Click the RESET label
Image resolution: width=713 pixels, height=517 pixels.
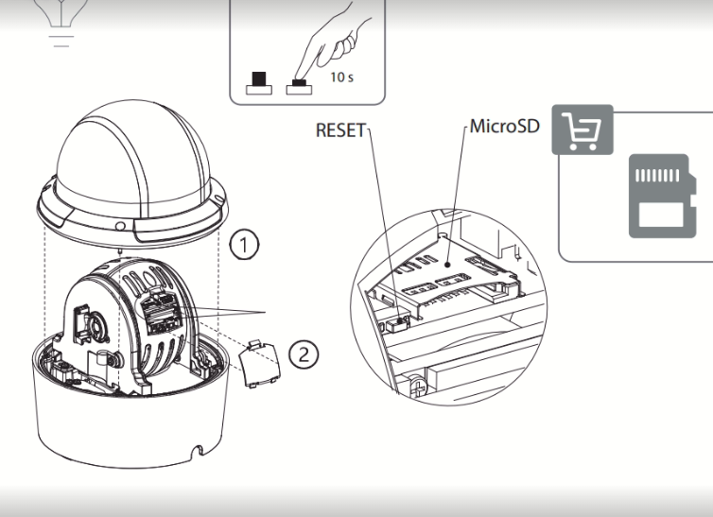340,130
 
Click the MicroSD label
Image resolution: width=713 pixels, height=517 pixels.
505,126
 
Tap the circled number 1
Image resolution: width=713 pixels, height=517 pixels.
244,245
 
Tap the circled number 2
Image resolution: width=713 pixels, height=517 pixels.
304,353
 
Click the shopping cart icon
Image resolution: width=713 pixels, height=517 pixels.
583,129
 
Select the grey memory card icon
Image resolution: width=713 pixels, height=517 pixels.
662,196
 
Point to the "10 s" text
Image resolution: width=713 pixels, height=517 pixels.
342,78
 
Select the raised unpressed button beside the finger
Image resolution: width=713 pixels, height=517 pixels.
259,83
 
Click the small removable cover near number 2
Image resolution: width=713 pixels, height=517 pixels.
260,364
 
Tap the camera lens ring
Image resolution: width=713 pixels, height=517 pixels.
96,327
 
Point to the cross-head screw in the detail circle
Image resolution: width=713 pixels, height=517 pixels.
418,388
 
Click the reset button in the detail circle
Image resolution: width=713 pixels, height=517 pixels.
397,323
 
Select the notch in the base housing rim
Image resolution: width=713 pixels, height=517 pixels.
198,451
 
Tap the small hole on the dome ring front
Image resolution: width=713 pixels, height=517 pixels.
120,226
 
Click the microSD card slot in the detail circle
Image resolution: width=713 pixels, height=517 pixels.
448,277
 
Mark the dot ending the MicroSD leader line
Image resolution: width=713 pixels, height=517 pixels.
448,264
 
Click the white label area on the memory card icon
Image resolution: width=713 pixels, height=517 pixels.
662,215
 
